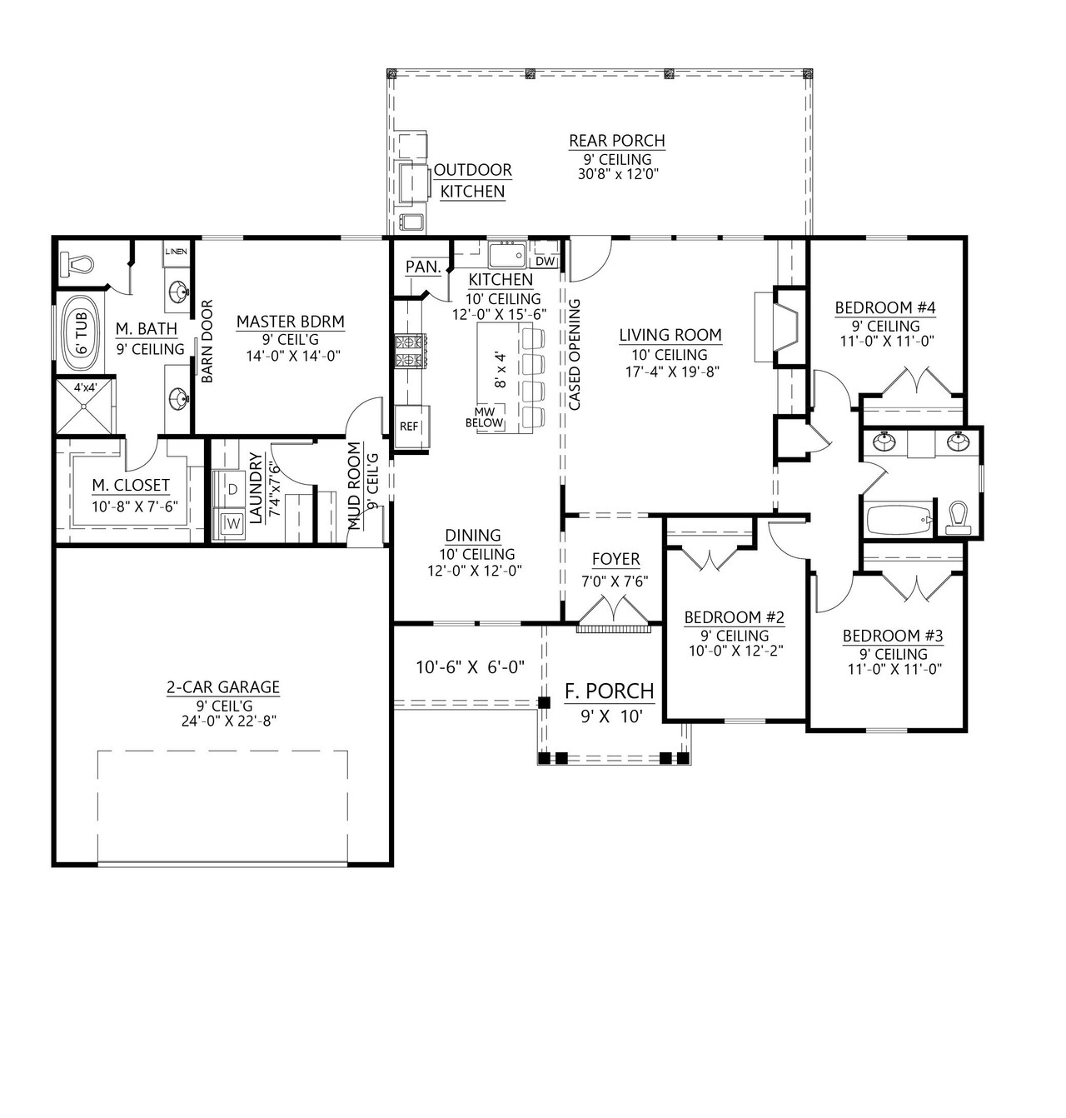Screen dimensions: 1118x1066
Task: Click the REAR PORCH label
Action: click(616, 141)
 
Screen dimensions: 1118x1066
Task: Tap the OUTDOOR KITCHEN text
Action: click(472, 181)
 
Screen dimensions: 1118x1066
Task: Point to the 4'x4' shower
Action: click(85, 405)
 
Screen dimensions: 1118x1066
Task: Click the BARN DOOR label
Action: click(207, 341)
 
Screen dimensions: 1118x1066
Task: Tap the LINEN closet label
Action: click(176, 252)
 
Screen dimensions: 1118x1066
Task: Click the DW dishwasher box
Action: click(545, 261)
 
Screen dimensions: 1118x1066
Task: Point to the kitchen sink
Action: click(506, 254)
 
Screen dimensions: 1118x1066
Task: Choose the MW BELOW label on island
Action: click(489, 417)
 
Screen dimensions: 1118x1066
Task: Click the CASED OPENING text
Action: click(575, 355)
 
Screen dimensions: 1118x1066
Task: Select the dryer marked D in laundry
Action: click(232, 489)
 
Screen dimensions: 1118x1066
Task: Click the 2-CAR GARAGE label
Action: click(223, 687)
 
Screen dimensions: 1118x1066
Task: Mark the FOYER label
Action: click(615, 559)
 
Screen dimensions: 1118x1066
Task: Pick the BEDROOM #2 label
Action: click(735, 617)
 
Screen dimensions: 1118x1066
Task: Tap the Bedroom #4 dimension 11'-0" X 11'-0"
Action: click(885, 341)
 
